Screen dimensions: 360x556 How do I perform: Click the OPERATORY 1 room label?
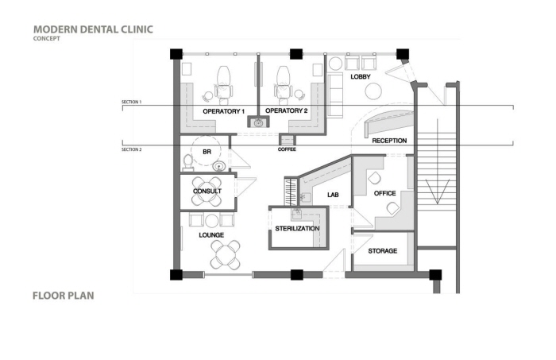[223, 111]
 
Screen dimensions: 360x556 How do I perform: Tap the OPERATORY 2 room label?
[286, 111]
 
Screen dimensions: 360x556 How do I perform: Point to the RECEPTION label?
[389, 141]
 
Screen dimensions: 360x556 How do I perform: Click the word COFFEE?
[287, 149]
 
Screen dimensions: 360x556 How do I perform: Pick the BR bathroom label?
[207, 150]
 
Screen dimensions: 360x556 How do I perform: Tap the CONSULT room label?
[207, 192]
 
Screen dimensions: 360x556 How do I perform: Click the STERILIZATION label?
[297, 229]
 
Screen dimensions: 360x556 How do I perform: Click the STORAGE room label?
[382, 251]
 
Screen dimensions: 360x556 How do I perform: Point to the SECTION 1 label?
[131, 103]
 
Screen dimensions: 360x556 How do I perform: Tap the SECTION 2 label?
[131, 149]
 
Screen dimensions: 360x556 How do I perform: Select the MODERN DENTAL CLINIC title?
[93, 29]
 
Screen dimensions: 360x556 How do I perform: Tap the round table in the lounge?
[225, 255]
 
